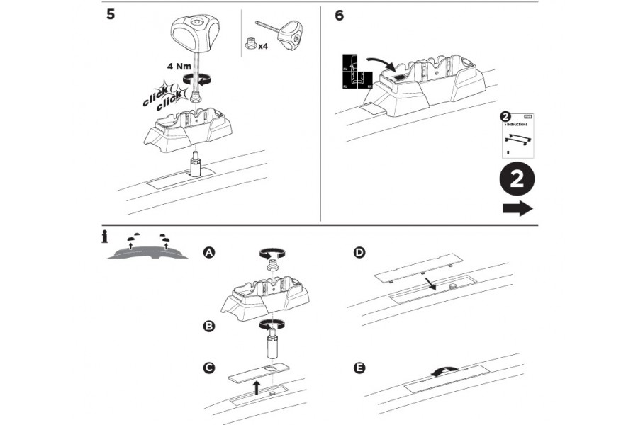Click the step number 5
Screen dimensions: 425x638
click(x=111, y=15)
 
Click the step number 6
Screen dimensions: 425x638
click(x=340, y=15)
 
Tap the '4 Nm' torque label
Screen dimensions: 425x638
click(x=179, y=67)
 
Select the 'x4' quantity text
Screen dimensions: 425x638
click(x=263, y=47)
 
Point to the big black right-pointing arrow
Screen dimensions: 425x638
click(x=517, y=208)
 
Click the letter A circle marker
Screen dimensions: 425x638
click(x=208, y=252)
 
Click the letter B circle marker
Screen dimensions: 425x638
click(x=208, y=327)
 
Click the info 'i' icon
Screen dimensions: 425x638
click(x=104, y=238)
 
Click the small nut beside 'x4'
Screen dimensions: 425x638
click(x=250, y=44)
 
